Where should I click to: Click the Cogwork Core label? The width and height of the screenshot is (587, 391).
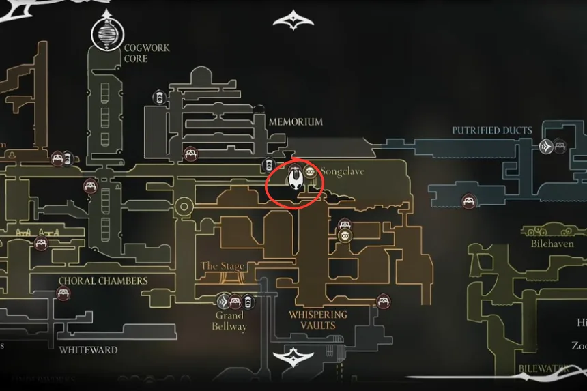[146, 53]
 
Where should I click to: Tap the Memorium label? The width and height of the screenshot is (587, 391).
[295, 121]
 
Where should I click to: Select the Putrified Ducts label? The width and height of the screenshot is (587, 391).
[491, 130]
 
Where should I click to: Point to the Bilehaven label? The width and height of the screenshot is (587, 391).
[552, 243]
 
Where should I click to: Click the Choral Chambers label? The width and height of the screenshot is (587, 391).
[102, 280]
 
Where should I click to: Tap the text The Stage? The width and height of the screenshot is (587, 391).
[223, 265]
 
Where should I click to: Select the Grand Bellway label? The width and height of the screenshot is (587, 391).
[229, 321]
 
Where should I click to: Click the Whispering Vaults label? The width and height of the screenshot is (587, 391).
[317, 320]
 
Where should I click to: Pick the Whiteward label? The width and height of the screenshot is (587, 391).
[87, 350]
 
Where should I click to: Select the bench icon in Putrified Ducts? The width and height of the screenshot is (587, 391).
[468, 201]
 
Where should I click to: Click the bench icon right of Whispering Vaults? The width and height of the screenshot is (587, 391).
[383, 300]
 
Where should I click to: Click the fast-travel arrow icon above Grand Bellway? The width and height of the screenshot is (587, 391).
[223, 301]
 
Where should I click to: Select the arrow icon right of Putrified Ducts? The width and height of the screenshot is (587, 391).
[545, 145]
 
